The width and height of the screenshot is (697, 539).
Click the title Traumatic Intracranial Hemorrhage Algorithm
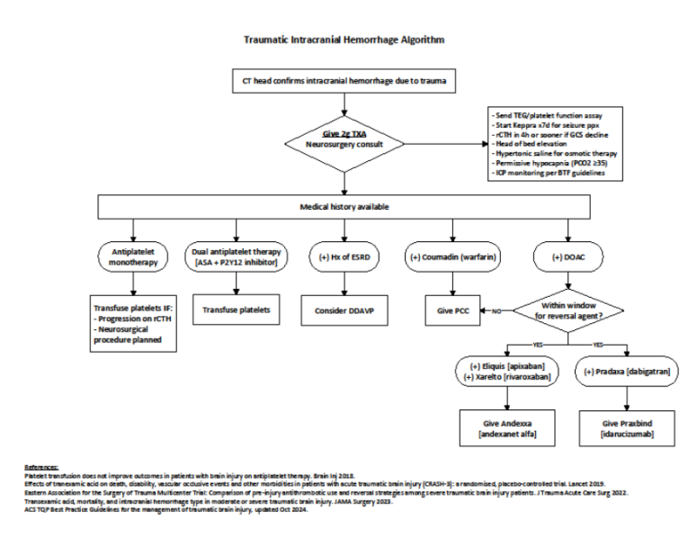pos(344,40)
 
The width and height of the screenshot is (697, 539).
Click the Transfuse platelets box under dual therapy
pos(236,310)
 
